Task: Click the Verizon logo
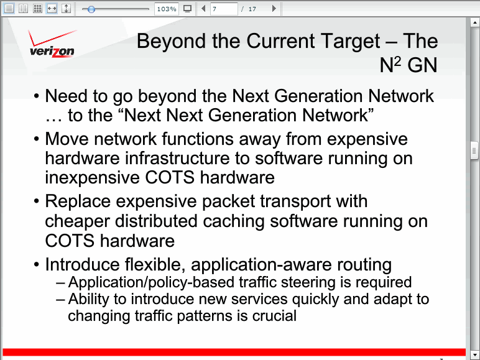[x=52, y=44]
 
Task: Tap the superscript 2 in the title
[x=397, y=62]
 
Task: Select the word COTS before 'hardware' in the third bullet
[x=70, y=241]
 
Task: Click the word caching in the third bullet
[x=234, y=221]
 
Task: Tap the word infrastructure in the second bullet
[x=177, y=159]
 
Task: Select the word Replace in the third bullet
[x=78, y=202]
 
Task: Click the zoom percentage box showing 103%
[x=167, y=9]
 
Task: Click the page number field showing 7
[x=224, y=9]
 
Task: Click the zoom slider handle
[x=91, y=9]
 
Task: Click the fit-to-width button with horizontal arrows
[x=52, y=9]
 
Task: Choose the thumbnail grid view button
[x=38, y=9]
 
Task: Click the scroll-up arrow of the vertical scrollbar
[x=474, y=22]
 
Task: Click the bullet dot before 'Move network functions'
[x=37, y=139]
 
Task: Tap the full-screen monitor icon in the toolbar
[x=187, y=9]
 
